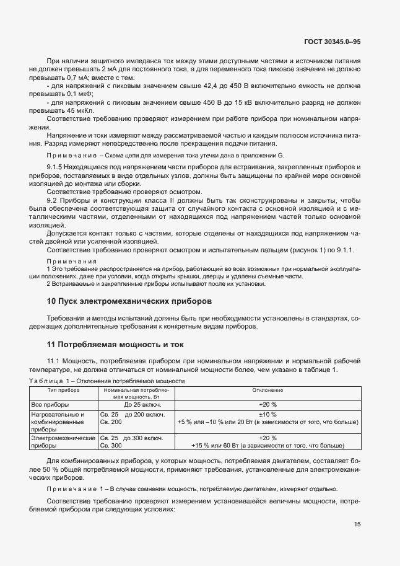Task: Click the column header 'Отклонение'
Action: pyautogui.click(x=267, y=391)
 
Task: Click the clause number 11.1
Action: pyautogui.click(x=53, y=360)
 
